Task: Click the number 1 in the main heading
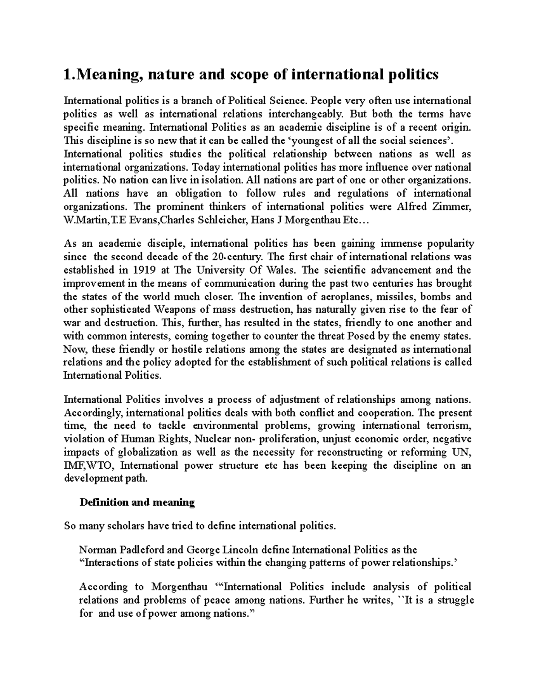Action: tap(67, 75)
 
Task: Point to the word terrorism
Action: tap(449, 426)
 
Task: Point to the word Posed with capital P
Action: tap(359, 336)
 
